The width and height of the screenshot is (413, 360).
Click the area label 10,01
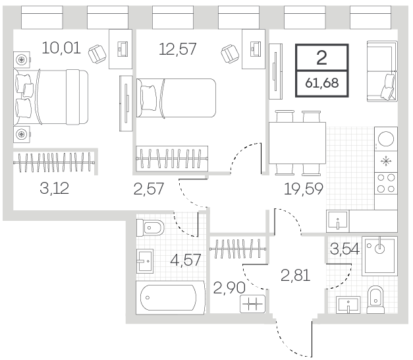61,48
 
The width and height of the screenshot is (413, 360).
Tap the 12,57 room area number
178,49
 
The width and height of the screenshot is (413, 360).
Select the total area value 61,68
322,83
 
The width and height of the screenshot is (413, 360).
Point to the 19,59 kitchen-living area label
304,189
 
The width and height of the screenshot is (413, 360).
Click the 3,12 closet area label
54,189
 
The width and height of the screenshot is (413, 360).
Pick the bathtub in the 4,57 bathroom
170,297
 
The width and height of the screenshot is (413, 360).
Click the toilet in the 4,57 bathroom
150,227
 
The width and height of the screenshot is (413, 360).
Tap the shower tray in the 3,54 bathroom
379,256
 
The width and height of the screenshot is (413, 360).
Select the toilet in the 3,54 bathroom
375,299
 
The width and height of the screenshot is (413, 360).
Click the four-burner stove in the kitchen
386,183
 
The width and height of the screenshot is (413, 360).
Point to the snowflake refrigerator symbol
386,161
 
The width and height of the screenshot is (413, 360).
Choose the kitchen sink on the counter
338,221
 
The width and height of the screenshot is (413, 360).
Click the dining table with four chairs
297,143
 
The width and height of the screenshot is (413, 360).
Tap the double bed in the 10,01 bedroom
51,97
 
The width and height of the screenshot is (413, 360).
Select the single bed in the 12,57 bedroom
176,98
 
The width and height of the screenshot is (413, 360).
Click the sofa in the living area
382,71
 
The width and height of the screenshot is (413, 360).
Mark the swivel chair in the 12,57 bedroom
230,54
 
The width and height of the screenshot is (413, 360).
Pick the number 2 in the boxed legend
321,58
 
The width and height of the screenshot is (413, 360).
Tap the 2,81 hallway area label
295,276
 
